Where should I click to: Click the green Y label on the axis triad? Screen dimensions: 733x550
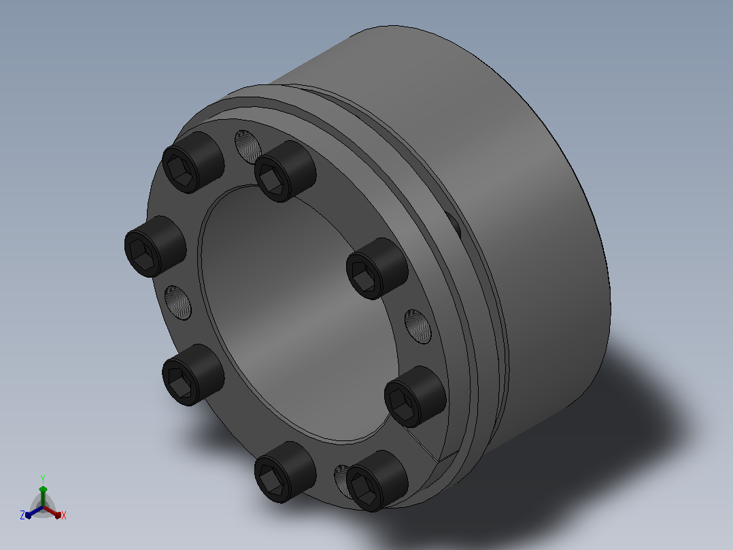pos(43,479)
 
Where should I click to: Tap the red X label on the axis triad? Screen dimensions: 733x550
pos(64,515)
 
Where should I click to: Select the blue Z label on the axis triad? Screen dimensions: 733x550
pos(22,515)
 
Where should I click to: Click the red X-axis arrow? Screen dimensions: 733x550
pos(52,512)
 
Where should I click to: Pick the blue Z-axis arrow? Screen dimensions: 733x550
pos(34,512)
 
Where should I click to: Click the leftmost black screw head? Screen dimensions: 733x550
pos(155,246)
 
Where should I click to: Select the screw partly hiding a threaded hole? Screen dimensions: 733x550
pos(377,481)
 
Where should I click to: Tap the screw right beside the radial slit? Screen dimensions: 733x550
pos(415,396)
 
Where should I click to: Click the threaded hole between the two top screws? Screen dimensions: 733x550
pos(248,146)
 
